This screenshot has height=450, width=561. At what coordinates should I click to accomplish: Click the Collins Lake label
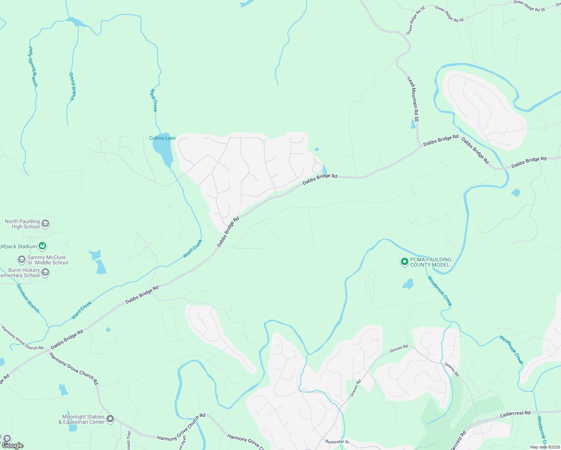point(162,138)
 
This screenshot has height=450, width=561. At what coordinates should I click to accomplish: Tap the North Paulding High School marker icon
point(45,224)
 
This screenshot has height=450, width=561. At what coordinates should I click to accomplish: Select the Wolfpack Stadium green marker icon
point(43,246)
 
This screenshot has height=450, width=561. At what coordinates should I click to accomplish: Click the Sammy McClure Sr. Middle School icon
point(22,259)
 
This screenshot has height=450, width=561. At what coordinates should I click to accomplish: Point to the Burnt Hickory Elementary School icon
point(45,273)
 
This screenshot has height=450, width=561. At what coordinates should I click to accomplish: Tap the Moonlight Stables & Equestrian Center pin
point(110,419)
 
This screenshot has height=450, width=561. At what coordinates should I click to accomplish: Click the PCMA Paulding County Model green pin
point(404,262)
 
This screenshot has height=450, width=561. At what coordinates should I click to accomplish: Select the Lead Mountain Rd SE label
point(413,99)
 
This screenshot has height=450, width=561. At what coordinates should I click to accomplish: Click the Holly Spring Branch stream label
point(33,67)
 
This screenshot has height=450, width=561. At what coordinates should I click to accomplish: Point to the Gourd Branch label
point(72,86)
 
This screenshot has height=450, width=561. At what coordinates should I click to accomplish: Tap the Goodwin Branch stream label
point(28,298)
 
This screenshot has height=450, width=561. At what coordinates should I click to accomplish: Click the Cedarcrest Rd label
point(515,414)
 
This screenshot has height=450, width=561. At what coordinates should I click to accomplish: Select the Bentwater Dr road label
point(337,442)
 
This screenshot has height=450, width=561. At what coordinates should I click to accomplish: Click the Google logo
point(12,445)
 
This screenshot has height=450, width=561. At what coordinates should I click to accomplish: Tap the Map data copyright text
point(544,447)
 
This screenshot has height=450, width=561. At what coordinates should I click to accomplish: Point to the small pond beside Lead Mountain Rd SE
point(413,124)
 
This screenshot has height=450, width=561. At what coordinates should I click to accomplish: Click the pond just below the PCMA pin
point(408,284)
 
